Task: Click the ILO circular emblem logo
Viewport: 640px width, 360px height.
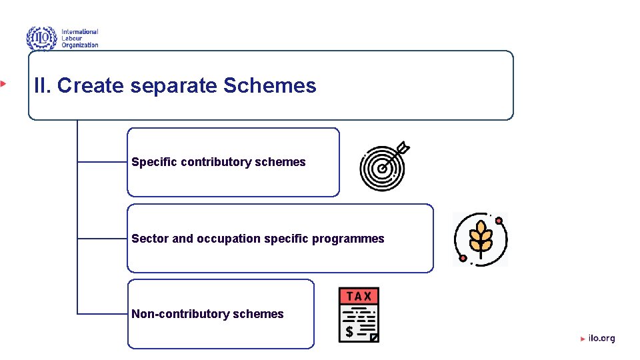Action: coord(41,38)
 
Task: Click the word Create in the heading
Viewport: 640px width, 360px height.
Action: coord(91,86)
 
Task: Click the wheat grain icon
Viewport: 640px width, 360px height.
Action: coord(480,239)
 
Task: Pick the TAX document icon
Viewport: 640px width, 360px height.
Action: coord(359,315)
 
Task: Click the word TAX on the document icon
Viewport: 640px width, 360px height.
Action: coord(359,296)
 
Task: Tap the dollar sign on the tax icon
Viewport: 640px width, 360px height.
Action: coord(349,331)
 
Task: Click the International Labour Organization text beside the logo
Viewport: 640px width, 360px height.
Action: coord(80,38)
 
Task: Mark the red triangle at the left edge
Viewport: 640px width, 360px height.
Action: coord(3,83)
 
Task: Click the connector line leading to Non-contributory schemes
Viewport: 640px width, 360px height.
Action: coord(102,313)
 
